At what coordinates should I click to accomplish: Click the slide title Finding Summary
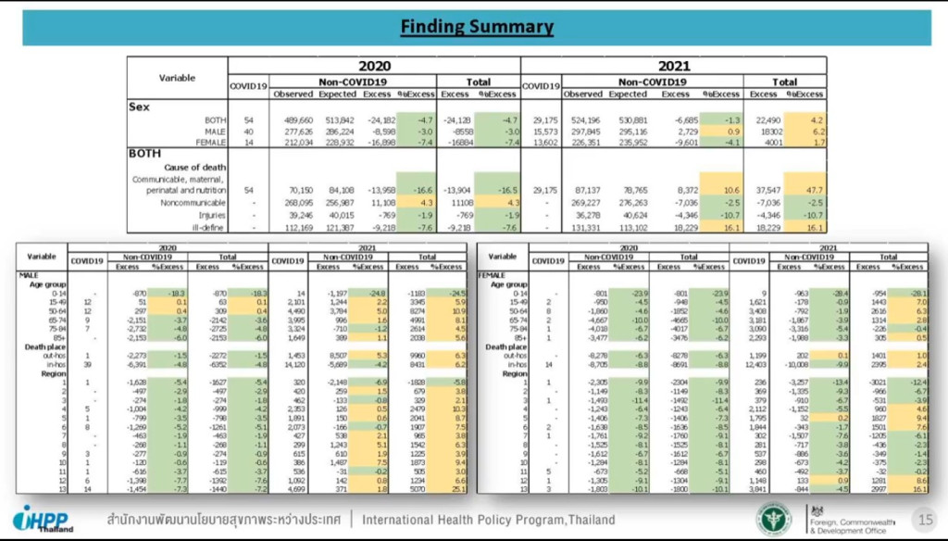coord(477,27)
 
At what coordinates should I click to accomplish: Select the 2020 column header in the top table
coord(374,67)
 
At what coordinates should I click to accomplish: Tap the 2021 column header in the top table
coord(673,67)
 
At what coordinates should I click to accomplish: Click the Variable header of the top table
coord(177,78)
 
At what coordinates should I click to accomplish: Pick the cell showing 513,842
coord(337,120)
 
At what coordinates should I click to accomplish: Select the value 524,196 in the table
coord(583,120)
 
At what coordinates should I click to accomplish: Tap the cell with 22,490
coord(764,120)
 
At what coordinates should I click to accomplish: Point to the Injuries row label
coord(213,213)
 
